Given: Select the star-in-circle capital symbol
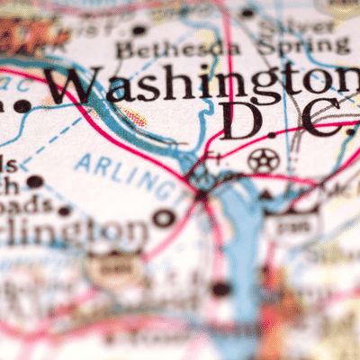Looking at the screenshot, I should pos(263,160).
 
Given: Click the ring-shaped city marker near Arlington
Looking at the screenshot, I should pos(164,217).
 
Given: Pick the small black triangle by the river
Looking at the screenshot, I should pos(266,193).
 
